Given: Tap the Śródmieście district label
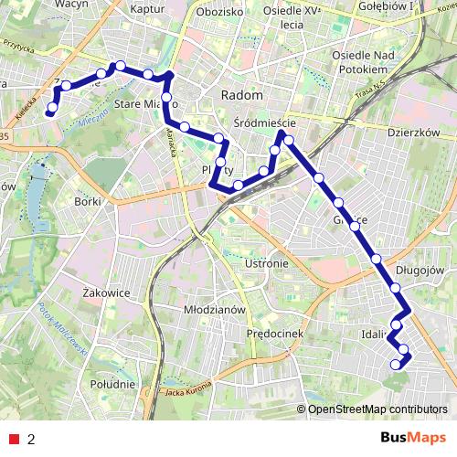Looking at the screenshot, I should coord(265,125).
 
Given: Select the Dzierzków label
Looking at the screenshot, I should coord(414,132).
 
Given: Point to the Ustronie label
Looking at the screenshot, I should coord(267,263).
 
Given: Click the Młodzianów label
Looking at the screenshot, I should coord(217,310).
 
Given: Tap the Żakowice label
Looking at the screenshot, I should coord(106,292).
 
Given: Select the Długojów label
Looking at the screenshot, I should coord(420,271).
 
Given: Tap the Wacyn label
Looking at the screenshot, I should coord(45,5).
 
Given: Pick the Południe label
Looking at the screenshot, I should coord(113,384).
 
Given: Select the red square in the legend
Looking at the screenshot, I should coord(16,439).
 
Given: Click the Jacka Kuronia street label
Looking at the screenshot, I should coord(187,393).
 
